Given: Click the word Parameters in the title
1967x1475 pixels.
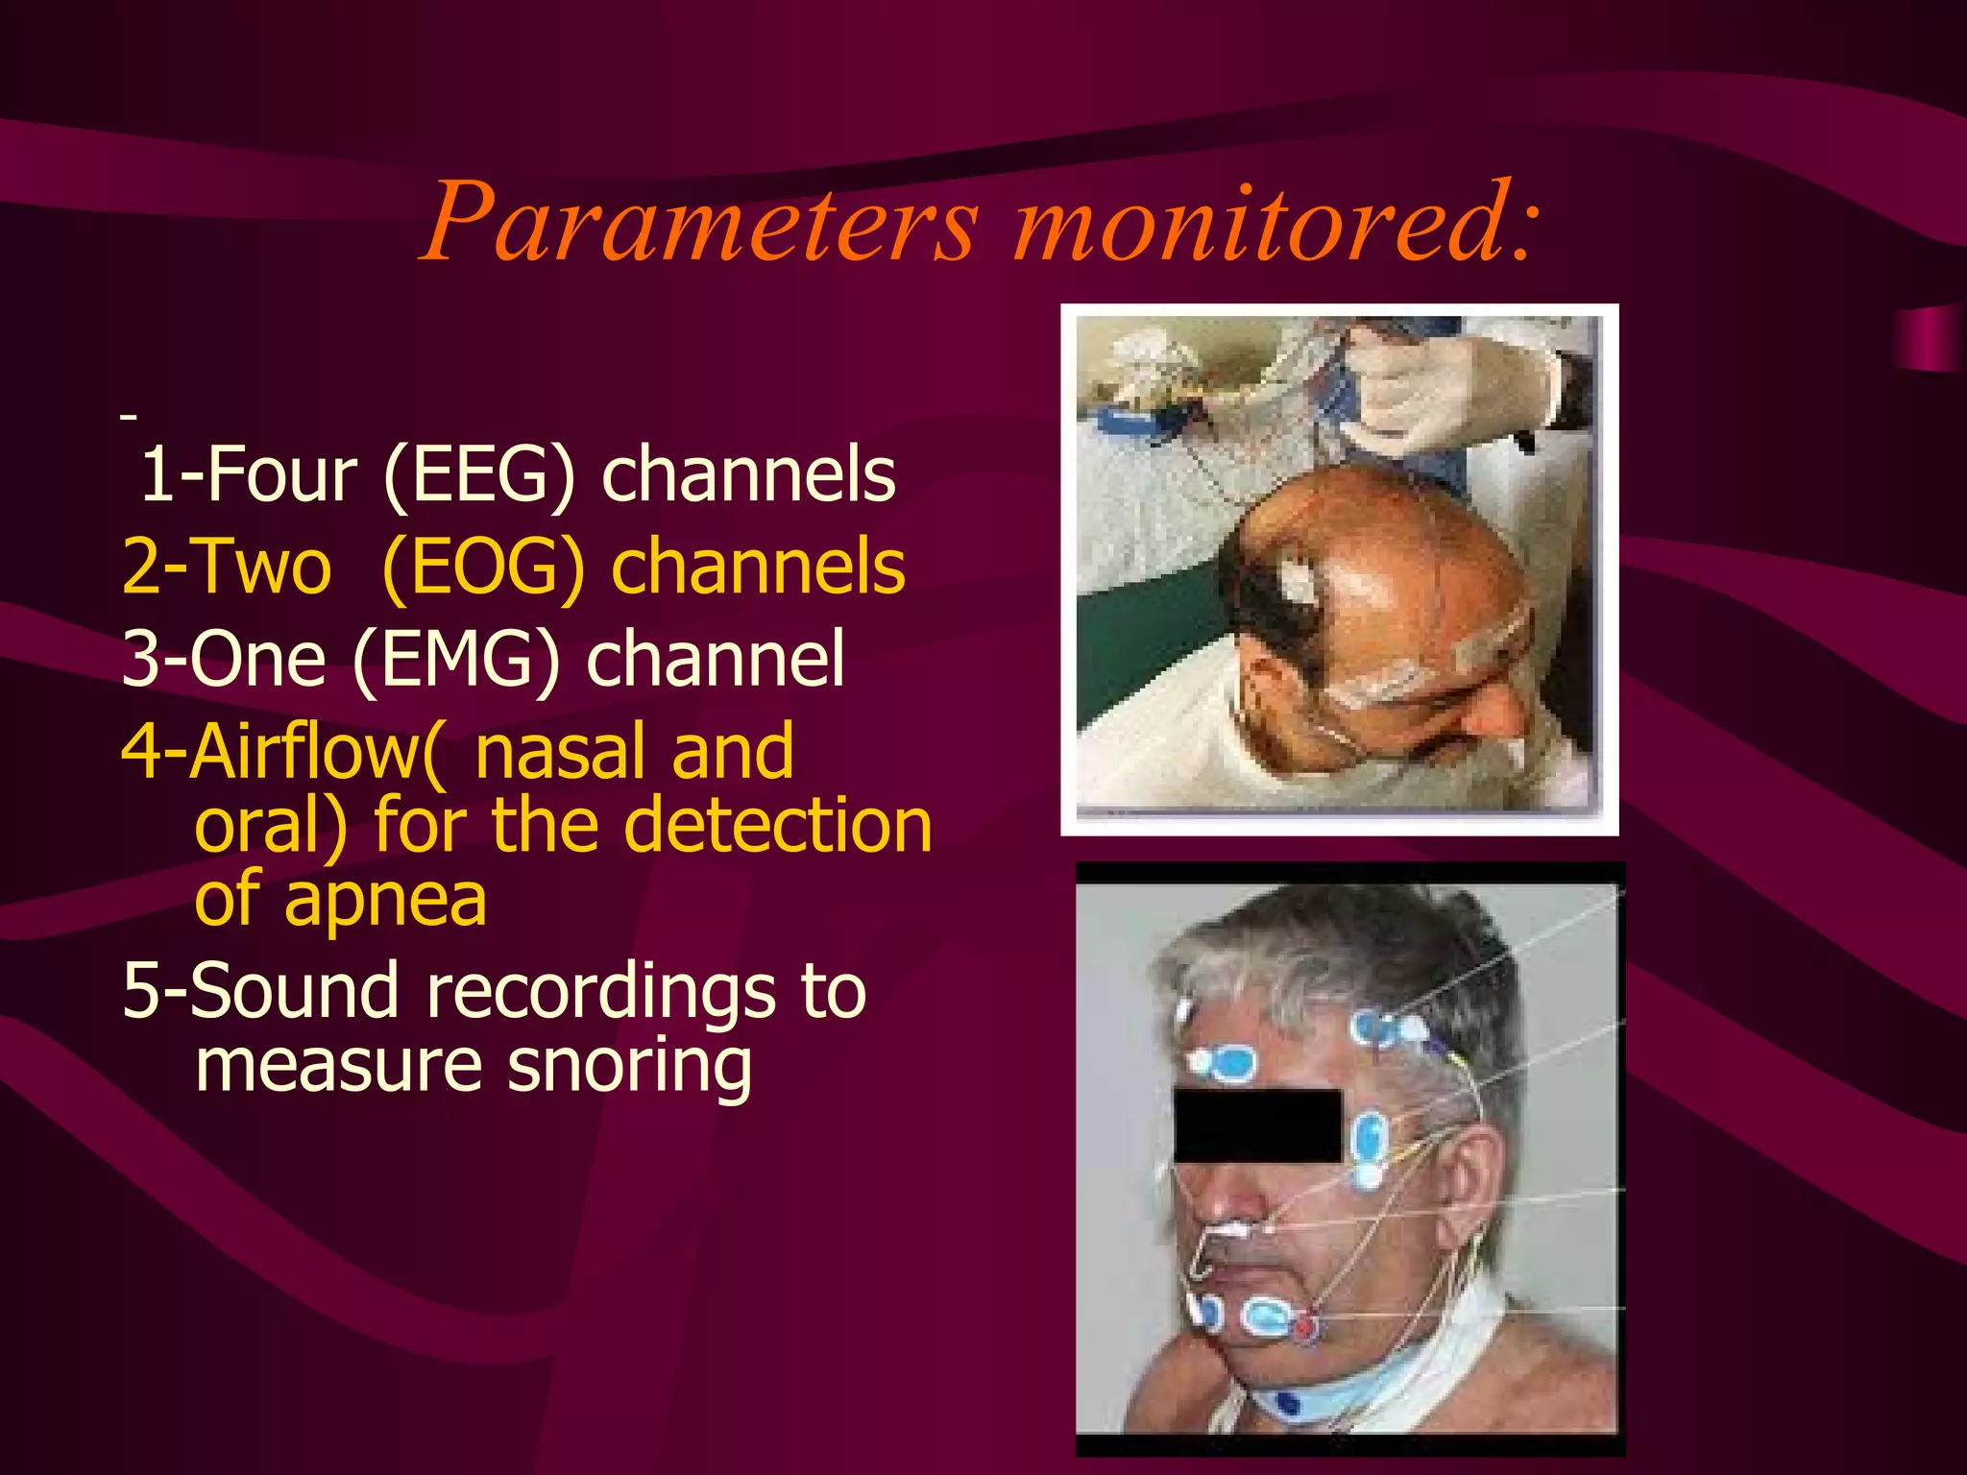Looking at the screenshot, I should click(x=701, y=223).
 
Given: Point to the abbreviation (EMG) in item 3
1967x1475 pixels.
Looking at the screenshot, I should click(x=455, y=659).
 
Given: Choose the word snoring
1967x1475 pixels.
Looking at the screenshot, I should click(x=630, y=1066).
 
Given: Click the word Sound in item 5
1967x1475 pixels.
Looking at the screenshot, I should click(x=294, y=991).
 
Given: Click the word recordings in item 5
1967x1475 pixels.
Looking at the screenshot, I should click(x=599, y=993).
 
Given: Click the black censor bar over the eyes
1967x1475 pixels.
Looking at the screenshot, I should click(x=1257, y=1125).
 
